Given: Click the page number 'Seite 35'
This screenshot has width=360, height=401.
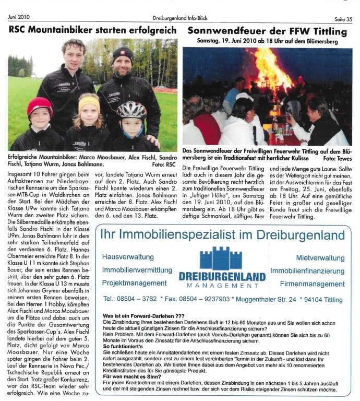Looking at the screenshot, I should click(342, 5).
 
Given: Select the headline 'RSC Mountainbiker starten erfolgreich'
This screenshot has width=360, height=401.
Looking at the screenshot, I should click(92, 30).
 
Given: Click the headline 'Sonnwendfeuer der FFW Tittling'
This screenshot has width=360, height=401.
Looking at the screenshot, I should click(267, 30).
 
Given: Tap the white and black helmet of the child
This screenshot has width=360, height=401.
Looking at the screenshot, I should click(131, 110).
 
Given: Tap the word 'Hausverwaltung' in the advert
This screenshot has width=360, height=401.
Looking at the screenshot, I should click(128, 257).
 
